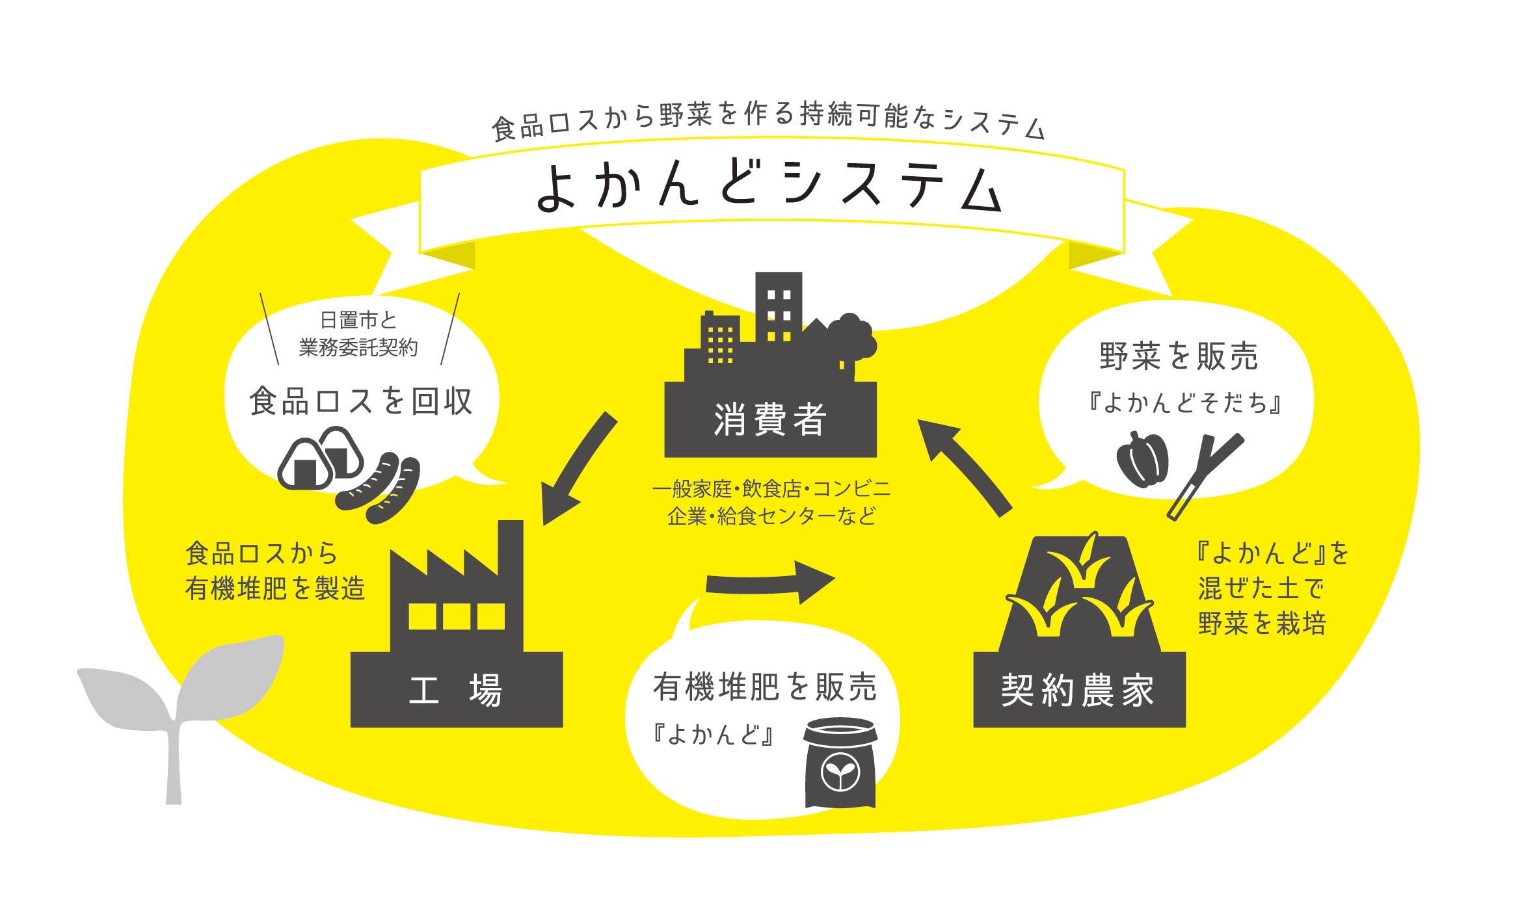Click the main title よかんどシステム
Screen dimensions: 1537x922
click(768, 187)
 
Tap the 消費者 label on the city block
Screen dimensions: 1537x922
click(769, 419)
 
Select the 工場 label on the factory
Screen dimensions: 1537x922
click(455, 690)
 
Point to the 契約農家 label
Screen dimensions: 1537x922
click(1078, 690)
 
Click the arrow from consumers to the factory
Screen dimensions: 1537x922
click(578, 468)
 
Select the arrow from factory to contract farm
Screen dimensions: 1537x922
click(770, 582)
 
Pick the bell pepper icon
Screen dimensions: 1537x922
click(1142, 460)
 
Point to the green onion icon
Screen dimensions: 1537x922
click(1205, 477)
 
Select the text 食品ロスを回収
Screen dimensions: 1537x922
click(361, 401)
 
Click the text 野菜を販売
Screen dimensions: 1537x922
click(1179, 356)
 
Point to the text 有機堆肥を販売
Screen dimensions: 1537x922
click(765, 687)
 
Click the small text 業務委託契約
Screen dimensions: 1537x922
click(358, 348)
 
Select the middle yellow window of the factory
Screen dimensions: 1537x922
click(457, 616)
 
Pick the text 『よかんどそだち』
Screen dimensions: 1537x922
click(1185, 403)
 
